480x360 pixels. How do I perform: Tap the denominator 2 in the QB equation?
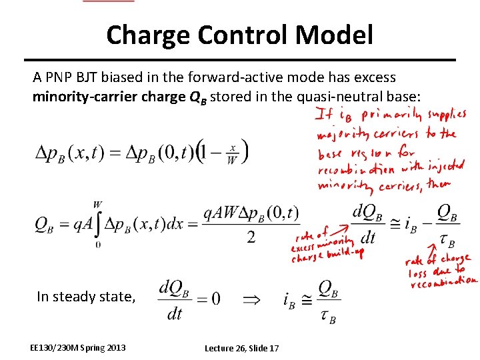(x=251, y=237)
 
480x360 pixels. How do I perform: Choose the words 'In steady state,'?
(x=86, y=297)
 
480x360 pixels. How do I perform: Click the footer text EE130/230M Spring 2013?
(x=77, y=347)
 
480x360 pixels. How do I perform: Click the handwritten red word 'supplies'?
(x=447, y=116)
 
